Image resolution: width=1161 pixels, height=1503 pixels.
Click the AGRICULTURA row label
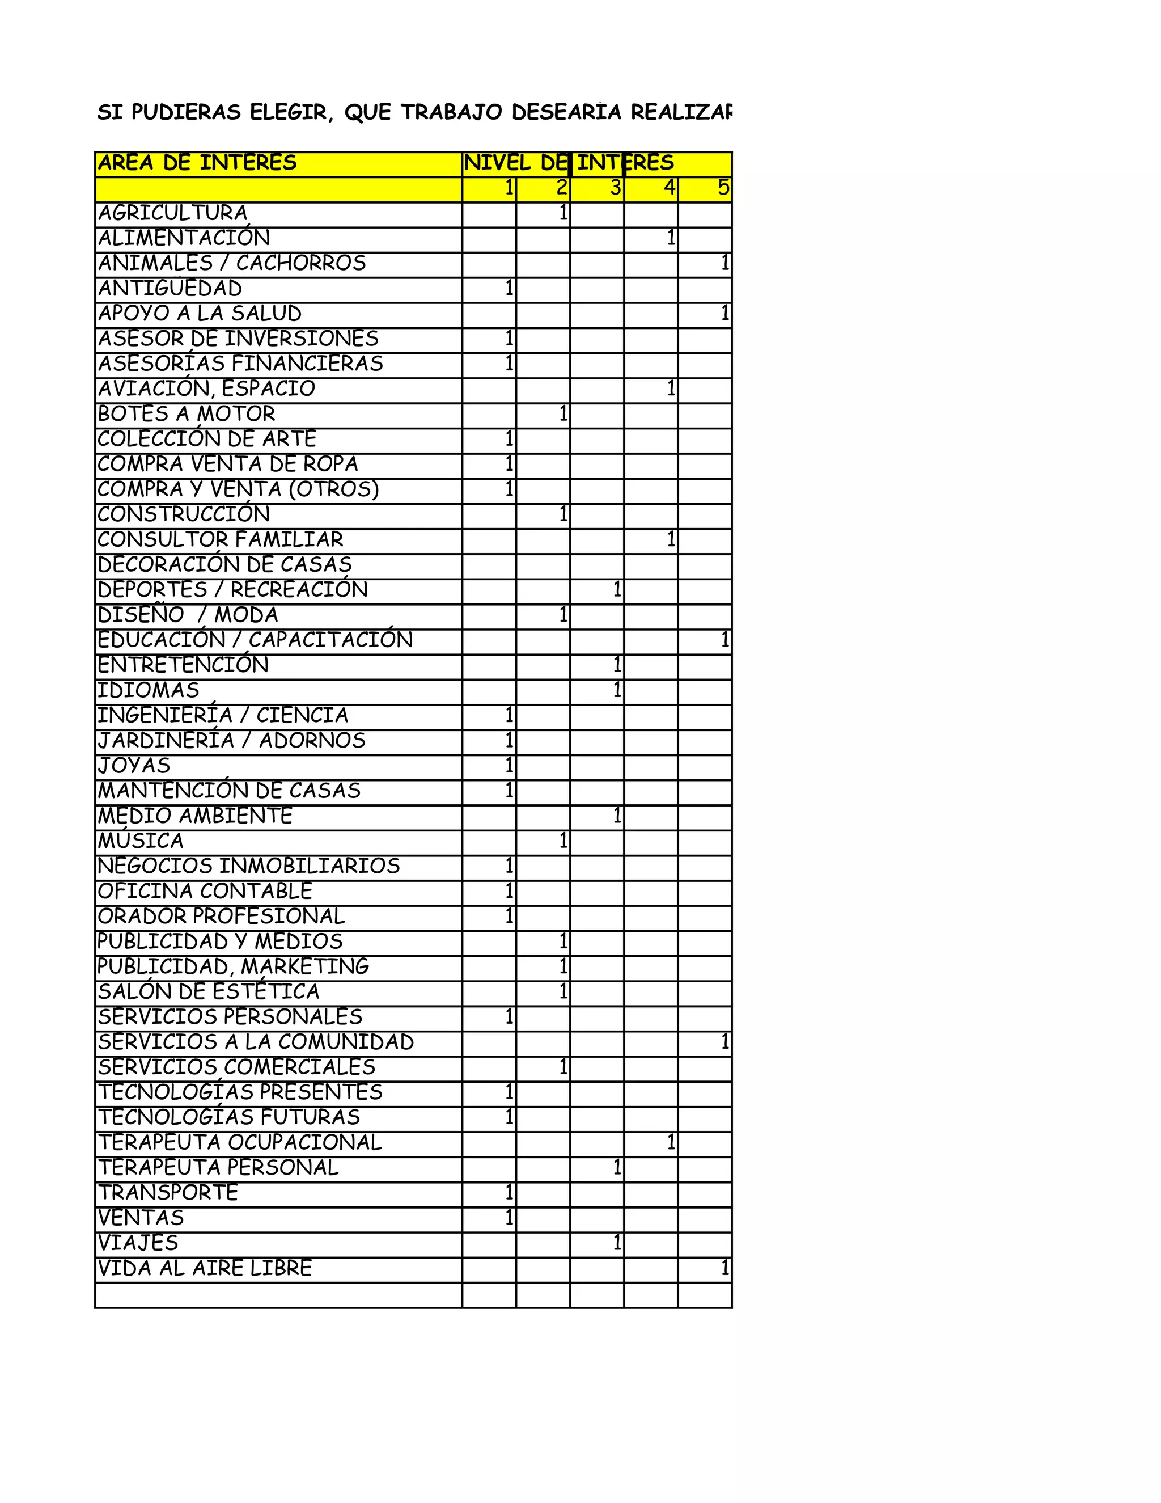pyautogui.click(x=173, y=213)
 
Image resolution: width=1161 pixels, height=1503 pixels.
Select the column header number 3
pyautogui.click(x=616, y=188)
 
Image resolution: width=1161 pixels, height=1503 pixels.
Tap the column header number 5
pyautogui.click(x=723, y=188)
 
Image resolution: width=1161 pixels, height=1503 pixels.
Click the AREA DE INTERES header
pyautogui.click(x=197, y=163)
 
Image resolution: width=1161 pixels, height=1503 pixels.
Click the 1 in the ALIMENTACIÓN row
pyautogui.click(x=671, y=238)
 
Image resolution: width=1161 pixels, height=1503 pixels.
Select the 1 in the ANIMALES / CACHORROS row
pyautogui.click(x=725, y=263)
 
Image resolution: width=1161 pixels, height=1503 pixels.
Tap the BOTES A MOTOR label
pyautogui.click(x=187, y=414)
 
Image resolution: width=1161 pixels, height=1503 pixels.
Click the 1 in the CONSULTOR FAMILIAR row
pyautogui.click(x=671, y=539)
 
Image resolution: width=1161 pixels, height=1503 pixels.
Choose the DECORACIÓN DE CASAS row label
pyautogui.click(x=225, y=565)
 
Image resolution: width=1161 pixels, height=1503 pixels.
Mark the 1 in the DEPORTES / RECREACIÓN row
pyautogui.click(x=617, y=590)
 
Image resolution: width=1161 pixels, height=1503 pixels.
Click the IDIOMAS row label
pyautogui.click(x=149, y=690)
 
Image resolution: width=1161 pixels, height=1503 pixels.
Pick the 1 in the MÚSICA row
pyautogui.click(x=563, y=841)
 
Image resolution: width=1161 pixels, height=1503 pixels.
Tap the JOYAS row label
pyautogui.click(x=134, y=766)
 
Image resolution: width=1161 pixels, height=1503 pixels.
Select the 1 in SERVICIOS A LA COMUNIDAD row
pyautogui.click(x=725, y=1042)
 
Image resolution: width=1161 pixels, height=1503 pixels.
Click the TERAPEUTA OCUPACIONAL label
pyautogui.click(x=240, y=1142)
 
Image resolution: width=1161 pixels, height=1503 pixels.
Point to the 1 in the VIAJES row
pyautogui.click(x=617, y=1243)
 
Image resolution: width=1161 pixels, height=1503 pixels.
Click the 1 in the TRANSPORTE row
pyautogui.click(x=509, y=1193)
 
